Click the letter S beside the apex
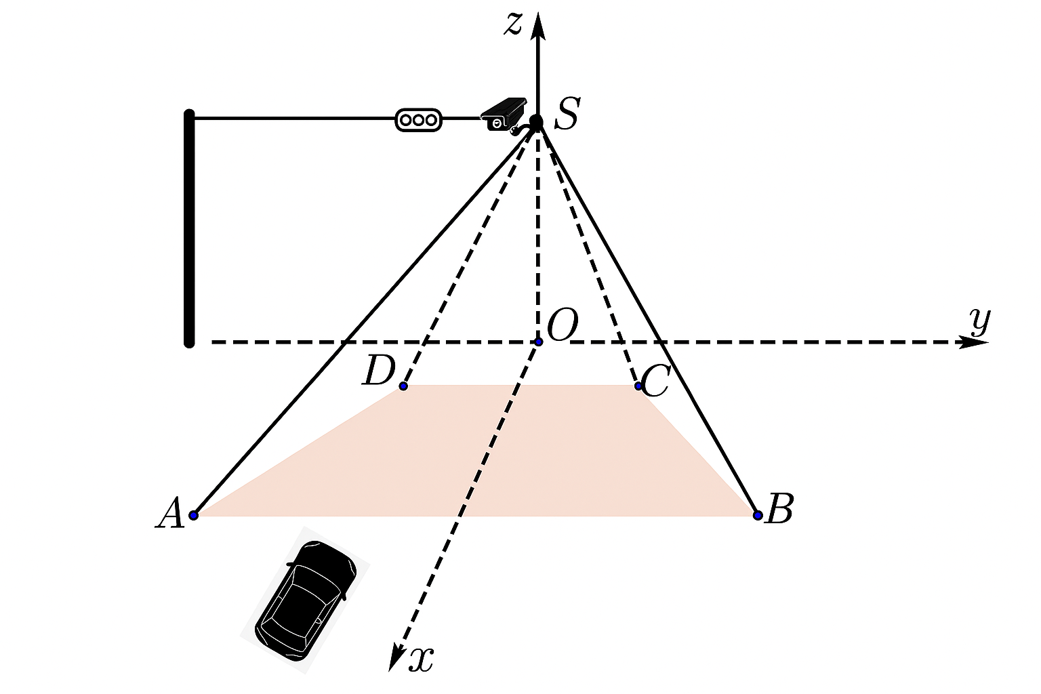click(567, 113)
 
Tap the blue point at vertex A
click(194, 515)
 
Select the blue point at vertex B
click(758, 515)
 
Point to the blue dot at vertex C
click(638, 386)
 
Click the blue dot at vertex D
click(403, 386)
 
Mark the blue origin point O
click(539, 342)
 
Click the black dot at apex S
click(536, 122)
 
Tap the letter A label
click(170, 513)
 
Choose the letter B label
click(779, 508)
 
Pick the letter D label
click(379, 371)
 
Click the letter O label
click(563, 325)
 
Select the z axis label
click(513, 24)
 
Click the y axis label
click(980, 321)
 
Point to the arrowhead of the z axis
click(538, 26)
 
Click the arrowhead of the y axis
click(975, 342)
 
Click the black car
click(306, 600)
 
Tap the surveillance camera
click(504, 115)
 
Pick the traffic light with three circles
click(418, 120)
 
